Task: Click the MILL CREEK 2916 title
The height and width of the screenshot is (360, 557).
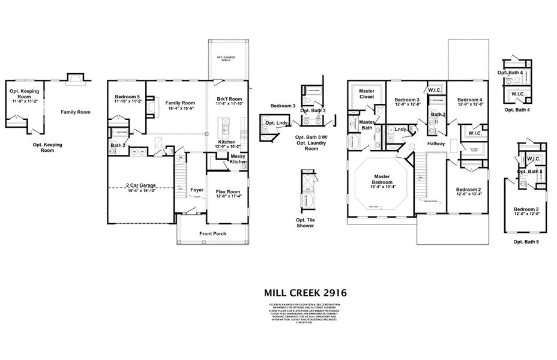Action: pyautogui.click(x=305, y=293)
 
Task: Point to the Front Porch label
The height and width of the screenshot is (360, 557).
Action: pyautogui.click(x=212, y=233)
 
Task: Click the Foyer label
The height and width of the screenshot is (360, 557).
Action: pyautogui.click(x=197, y=190)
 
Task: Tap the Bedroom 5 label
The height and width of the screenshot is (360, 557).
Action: pyautogui.click(x=128, y=97)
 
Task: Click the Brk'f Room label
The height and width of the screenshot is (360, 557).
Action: pyautogui.click(x=229, y=98)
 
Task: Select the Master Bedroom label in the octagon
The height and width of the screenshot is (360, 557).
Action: pyautogui.click(x=382, y=179)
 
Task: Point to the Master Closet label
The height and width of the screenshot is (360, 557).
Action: pyautogui.click(x=367, y=94)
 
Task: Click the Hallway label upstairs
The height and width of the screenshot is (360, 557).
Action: pyautogui.click(x=436, y=143)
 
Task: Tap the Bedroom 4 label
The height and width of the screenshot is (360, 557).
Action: pyautogui.click(x=469, y=100)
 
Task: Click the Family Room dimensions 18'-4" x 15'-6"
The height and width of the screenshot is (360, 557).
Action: pyautogui.click(x=180, y=108)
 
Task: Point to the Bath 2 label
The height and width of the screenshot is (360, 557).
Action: pyautogui.click(x=117, y=145)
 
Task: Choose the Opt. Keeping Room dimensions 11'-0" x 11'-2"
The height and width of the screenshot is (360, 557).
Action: pyautogui.click(x=24, y=102)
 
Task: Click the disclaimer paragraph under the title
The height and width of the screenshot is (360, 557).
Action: pyautogui.click(x=304, y=316)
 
